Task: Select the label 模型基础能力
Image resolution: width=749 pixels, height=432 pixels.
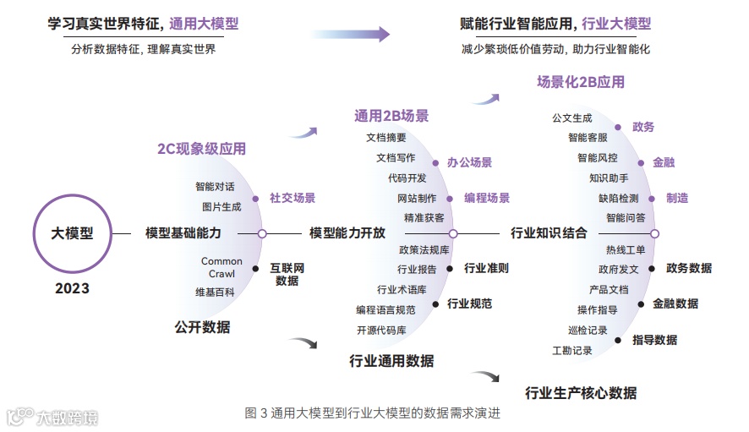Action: click(183, 233)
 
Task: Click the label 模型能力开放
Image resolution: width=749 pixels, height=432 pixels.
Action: click(347, 233)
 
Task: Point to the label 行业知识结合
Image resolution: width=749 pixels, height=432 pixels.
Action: click(549, 233)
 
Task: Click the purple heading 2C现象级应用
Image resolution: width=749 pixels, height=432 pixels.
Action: click(201, 149)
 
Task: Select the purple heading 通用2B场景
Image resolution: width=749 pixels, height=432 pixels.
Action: click(391, 116)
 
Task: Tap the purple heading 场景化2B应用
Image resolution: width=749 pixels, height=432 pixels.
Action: click(581, 82)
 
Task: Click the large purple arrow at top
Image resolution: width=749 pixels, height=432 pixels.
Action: click(350, 34)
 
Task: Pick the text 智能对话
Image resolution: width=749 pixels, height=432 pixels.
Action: click(215, 187)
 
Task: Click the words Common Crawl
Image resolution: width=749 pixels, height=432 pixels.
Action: click(221, 267)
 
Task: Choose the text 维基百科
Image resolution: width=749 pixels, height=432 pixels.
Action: click(215, 293)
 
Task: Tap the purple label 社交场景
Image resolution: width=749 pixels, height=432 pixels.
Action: click(292, 198)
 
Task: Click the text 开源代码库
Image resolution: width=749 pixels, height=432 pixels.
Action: click(381, 330)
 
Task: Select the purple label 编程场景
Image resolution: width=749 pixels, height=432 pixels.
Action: click(487, 198)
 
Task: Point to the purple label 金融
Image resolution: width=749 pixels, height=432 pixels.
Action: click(664, 161)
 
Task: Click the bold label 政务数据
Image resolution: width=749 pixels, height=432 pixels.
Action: click(689, 268)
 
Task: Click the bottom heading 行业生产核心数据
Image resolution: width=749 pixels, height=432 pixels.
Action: click(581, 392)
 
